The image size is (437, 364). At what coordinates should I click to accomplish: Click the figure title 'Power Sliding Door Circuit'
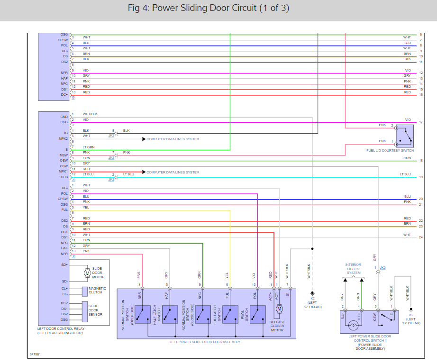(209, 9)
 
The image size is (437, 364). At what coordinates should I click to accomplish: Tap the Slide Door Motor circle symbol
(87, 273)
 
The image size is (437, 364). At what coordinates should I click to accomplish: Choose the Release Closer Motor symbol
(279, 309)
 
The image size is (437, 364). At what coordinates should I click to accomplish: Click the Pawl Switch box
(258, 314)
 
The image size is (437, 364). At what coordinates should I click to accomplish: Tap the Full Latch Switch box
(230, 314)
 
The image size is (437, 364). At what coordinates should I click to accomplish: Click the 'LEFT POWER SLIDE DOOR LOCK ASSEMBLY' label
(205, 342)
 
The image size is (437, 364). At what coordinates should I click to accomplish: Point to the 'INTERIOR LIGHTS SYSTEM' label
(353, 269)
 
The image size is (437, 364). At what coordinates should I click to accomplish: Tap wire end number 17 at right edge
(420, 122)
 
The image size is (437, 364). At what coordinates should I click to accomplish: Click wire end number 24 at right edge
(420, 237)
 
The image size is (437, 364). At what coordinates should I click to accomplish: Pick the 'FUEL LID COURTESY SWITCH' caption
(390, 151)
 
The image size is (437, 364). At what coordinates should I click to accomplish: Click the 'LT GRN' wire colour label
(89, 147)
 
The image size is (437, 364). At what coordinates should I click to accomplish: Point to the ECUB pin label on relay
(64, 177)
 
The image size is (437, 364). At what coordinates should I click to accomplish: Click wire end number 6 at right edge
(420, 35)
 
